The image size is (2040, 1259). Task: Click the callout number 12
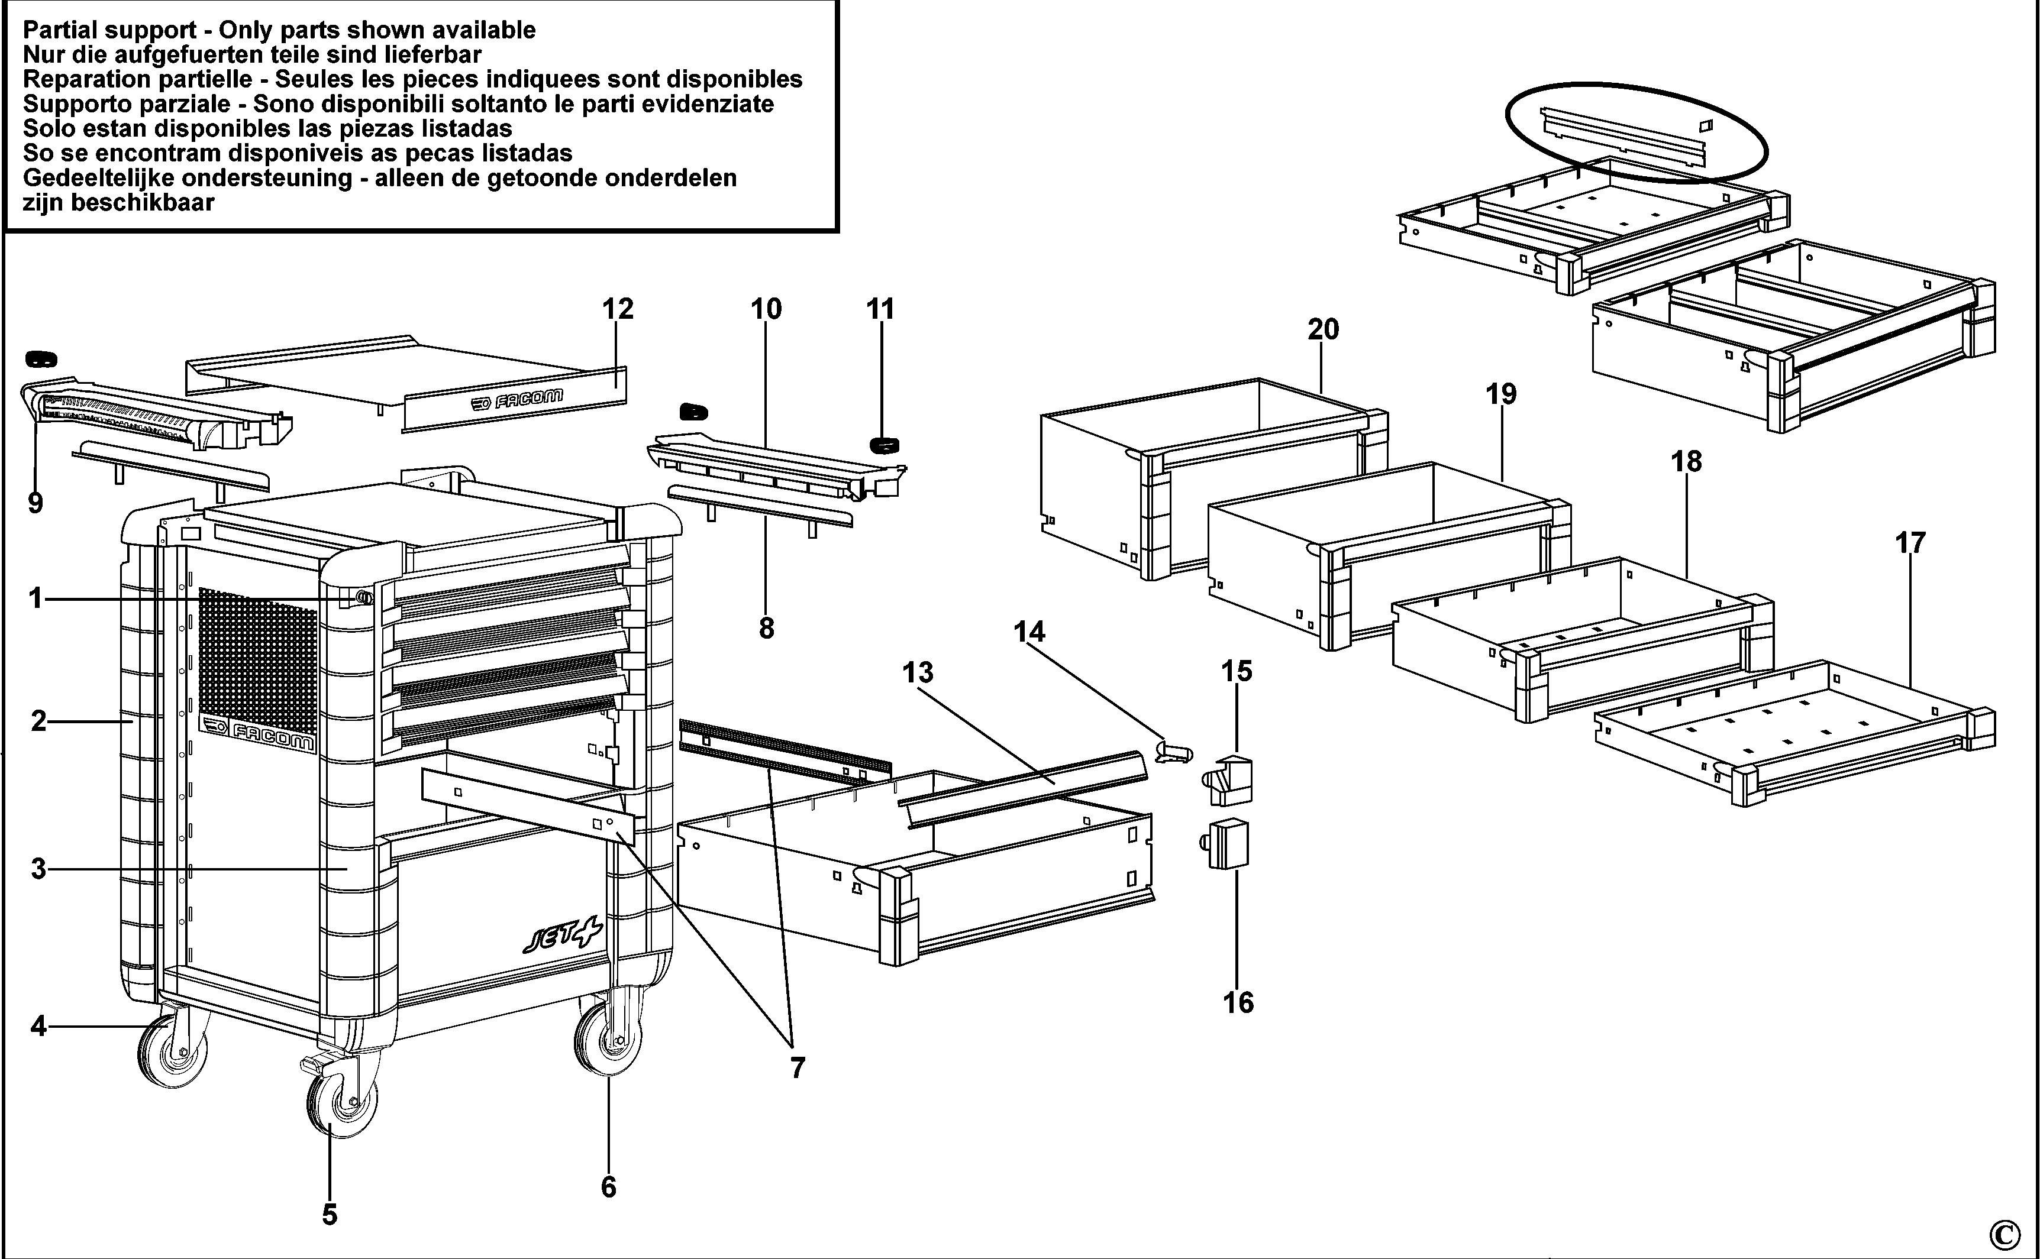point(617,309)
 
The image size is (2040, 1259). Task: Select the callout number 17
point(1910,543)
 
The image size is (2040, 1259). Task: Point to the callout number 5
point(330,1214)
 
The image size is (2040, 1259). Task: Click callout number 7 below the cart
point(797,1067)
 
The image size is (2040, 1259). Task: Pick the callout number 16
point(1238,1002)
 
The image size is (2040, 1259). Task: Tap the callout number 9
point(35,503)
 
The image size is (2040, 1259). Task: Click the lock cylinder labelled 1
point(364,596)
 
